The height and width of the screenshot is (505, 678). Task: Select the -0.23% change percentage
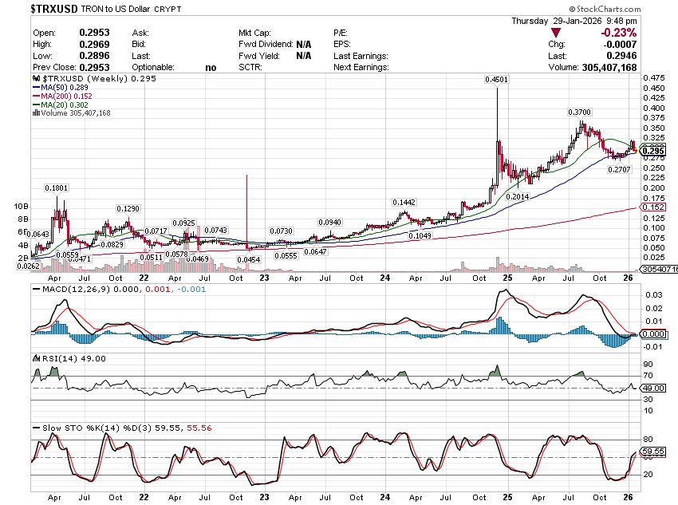pyautogui.click(x=619, y=32)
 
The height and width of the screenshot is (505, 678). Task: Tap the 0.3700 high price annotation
pyautogui.click(x=580, y=112)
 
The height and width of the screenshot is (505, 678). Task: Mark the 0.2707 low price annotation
pyautogui.click(x=619, y=170)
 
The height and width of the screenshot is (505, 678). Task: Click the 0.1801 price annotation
pyautogui.click(x=56, y=187)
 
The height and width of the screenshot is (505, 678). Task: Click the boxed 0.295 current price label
pyautogui.click(x=652, y=151)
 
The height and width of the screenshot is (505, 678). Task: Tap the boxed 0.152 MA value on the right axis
pyautogui.click(x=652, y=207)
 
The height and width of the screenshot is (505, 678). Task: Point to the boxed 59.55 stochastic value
pyautogui.click(x=652, y=451)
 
